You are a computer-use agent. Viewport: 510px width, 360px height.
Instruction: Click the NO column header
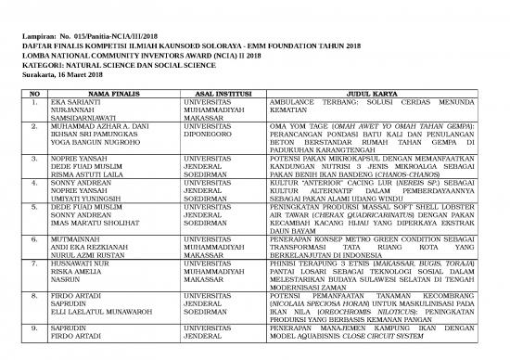pos(34,94)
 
